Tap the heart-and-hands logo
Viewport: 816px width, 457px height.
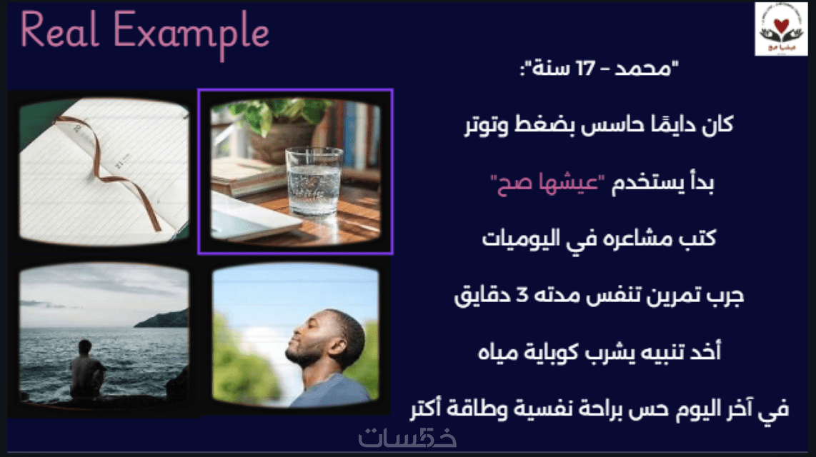pos(780,29)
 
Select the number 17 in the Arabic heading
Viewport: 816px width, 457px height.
pos(585,68)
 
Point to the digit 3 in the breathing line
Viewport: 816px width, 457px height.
pos(522,295)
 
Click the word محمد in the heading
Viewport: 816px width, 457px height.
pos(642,68)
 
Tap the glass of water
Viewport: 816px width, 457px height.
pos(314,181)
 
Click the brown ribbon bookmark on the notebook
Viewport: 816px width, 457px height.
pos(112,166)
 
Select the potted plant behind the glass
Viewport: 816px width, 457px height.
pos(276,127)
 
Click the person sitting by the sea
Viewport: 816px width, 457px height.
pos(87,370)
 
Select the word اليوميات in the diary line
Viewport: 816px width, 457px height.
pos(521,238)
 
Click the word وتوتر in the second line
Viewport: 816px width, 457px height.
pos(487,125)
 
